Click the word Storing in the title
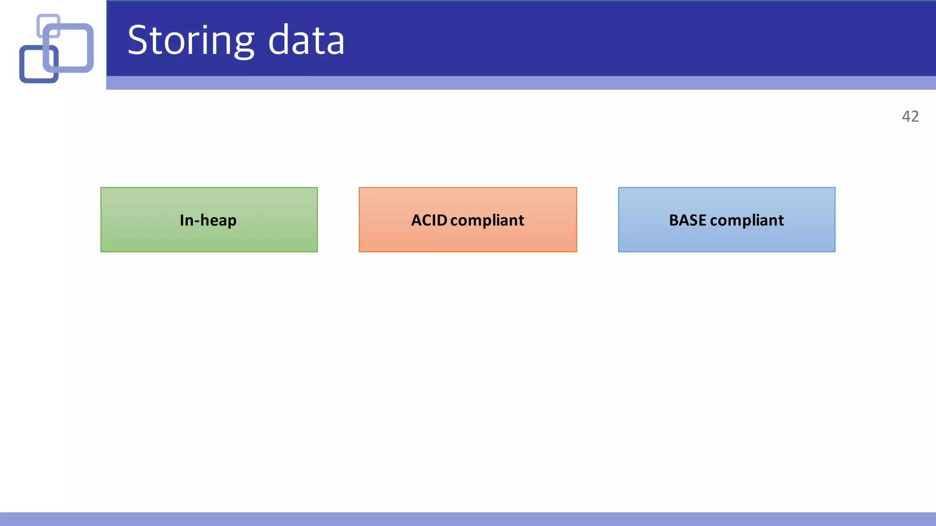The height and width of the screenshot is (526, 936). coord(190,41)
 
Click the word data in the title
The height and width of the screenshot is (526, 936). coord(306,41)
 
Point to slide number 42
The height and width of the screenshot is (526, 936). coord(910,116)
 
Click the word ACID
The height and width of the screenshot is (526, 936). coord(429,220)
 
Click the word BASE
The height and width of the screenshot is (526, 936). coord(687,220)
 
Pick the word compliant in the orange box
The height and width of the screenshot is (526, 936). coord(487,221)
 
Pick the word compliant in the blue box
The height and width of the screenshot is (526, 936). coord(747,221)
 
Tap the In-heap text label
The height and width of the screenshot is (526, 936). coord(208,220)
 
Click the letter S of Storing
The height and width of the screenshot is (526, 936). coord(139,41)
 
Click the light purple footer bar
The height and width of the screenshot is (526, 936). coord(468,519)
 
